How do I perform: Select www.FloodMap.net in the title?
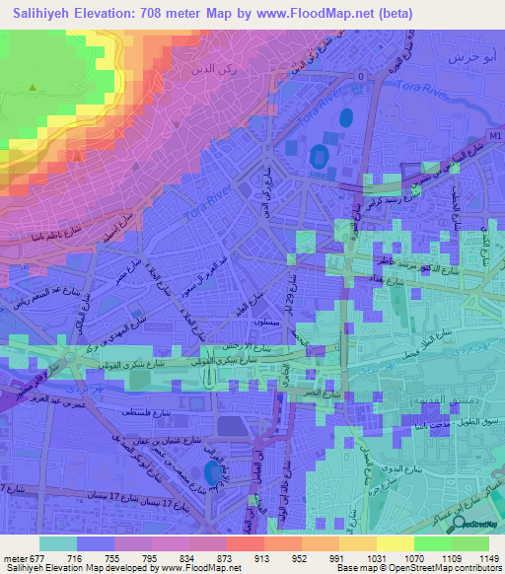tap(317, 14)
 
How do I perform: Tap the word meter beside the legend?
tap(13, 558)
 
